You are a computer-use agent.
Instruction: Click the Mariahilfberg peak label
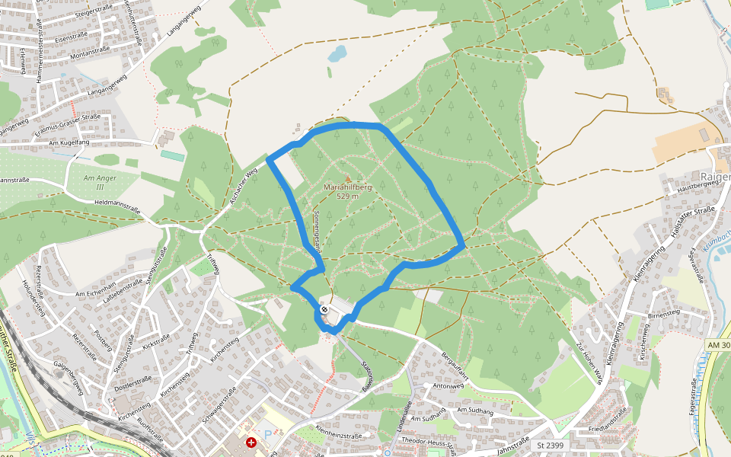(x=347, y=187)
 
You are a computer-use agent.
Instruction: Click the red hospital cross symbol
(x=251, y=442)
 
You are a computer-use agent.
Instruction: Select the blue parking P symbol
(x=267, y=434)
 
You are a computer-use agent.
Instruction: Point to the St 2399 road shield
(x=550, y=445)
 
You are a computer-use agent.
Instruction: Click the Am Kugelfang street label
(x=69, y=142)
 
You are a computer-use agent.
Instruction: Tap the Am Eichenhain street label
(x=94, y=293)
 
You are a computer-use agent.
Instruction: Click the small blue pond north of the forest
(x=337, y=53)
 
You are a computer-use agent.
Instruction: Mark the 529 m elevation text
(x=347, y=196)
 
